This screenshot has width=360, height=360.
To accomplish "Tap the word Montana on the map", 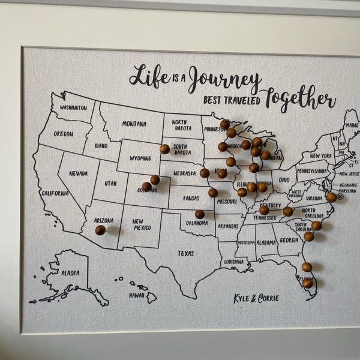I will point(134,124).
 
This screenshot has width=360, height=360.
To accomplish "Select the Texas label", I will point(185,253).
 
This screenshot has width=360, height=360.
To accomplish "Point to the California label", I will point(55,193).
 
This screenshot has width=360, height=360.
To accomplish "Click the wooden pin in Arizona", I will point(100,230).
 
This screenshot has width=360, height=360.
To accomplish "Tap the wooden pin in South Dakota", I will point(164,149).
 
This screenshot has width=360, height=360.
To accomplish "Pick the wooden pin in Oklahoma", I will point(200,214).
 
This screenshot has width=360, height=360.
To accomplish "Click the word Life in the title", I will point(149,76).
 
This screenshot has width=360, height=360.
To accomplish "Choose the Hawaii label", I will point(137,295).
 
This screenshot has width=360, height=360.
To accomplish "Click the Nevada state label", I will point(78,173).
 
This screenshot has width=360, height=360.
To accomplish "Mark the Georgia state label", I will point(289,240).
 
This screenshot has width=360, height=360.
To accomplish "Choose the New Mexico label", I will point(141,225).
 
